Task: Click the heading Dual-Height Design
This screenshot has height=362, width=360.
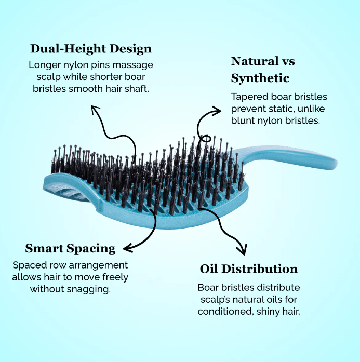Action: coord(91,49)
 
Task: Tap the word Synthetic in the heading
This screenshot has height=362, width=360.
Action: coord(260,78)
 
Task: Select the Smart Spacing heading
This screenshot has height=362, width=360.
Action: coord(70,249)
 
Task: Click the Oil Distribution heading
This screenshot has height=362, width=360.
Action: coord(249,269)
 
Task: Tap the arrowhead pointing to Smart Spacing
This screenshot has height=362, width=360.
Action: coord(127,248)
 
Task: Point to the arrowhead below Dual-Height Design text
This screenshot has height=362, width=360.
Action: coord(95,109)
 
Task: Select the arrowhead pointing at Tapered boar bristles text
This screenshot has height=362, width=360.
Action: coord(217,111)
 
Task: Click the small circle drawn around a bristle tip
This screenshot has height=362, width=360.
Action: coord(206,139)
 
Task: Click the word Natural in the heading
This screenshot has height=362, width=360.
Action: coord(255,61)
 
